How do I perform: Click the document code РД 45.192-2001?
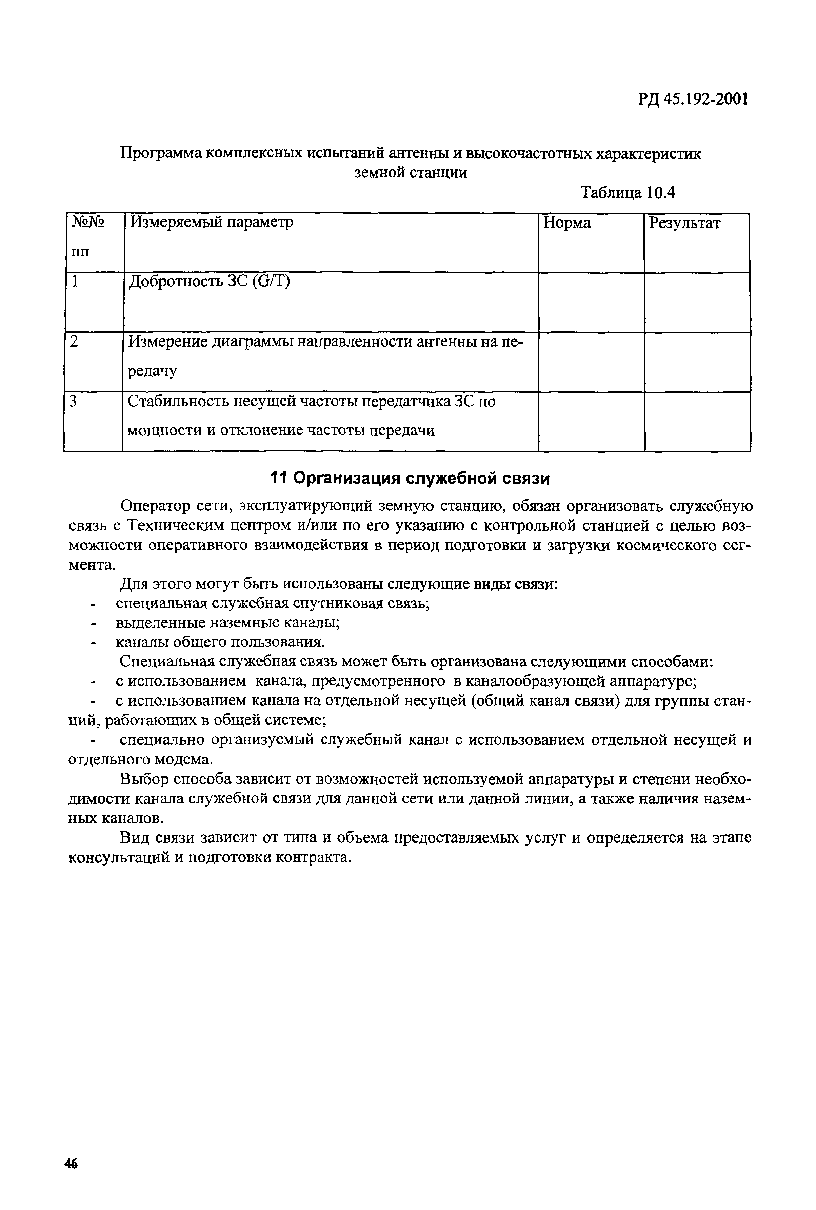pos(693,99)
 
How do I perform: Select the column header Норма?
pos(567,223)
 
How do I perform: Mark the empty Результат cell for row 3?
pos(697,421)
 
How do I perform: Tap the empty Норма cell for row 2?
pos(591,362)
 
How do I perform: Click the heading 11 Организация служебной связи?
pos(410,478)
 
